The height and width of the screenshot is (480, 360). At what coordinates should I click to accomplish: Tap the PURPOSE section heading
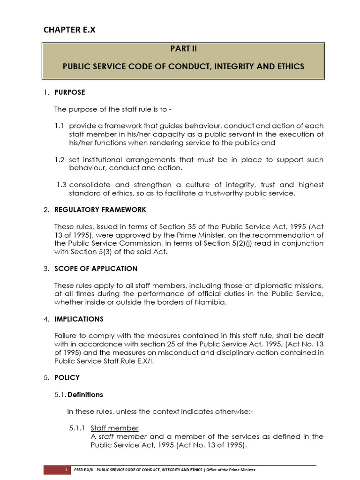(70, 92)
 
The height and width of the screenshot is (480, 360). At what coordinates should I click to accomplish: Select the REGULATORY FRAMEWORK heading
(100, 210)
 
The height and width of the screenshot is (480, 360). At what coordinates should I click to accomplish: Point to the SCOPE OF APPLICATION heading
(96, 269)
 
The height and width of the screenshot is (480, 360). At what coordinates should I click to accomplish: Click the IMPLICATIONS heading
(79, 319)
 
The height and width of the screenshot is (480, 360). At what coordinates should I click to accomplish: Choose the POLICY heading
(67, 377)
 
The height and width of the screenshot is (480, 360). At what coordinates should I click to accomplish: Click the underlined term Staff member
(114, 428)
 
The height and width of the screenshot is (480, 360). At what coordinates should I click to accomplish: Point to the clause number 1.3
(61, 185)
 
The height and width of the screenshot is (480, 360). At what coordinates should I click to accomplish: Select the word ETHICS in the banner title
(290, 67)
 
